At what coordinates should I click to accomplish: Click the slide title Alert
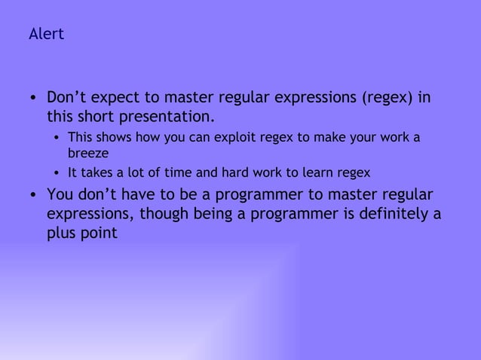pyautogui.click(x=46, y=35)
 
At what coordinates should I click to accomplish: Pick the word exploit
pyautogui.click(x=226, y=138)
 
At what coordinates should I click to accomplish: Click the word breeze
pyautogui.click(x=88, y=153)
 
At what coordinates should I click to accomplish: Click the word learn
pyautogui.click(x=317, y=172)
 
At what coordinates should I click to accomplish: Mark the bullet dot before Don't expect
pyautogui.click(x=33, y=99)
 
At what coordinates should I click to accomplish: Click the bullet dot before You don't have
pyautogui.click(x=33, y=195)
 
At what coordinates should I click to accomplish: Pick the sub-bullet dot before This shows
pyautogui.click(x=57, y=139)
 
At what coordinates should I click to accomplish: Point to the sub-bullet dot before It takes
pyautogui.click(x=57, y=173)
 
